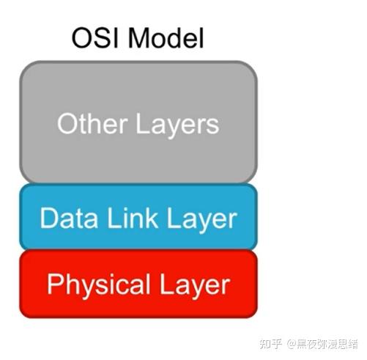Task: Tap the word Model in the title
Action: pos(166,37)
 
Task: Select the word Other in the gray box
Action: pos(92,123)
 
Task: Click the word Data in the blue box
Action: pos(69,218)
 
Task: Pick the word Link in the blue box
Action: pos(132,218)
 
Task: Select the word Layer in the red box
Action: pos(195,287)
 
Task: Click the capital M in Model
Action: pos(138,38)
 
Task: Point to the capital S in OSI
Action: pos(103,38)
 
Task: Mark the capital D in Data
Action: pos(49,218)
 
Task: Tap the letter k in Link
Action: pos(151,218)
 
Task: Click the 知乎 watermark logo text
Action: pos(270,345)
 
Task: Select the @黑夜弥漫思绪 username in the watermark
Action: pos(322,345)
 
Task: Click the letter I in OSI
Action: pos(117,38)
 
